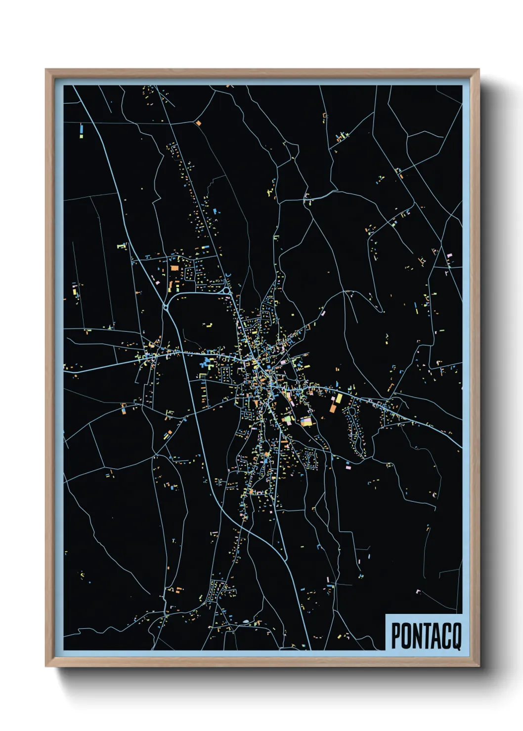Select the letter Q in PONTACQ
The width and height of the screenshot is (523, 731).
tap(456, 636)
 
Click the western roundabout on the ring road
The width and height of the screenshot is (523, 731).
tap(166, 308)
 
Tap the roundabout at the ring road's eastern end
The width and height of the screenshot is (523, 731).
tap(227, 291)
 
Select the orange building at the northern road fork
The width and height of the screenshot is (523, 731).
tap(198, 122)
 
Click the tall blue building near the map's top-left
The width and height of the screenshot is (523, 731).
tap(82, 129)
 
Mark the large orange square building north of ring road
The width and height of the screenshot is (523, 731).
tap(174, 269)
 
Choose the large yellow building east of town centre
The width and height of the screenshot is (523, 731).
tap(339, 398)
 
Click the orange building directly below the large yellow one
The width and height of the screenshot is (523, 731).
tap(333, 408)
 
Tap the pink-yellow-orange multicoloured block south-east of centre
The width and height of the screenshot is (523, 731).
tap(306, 421)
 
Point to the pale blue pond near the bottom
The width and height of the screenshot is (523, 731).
tap(246, 622)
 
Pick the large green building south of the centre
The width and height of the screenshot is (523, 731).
tap(286, 419)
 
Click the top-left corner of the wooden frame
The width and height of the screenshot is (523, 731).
tap(46, 70)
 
